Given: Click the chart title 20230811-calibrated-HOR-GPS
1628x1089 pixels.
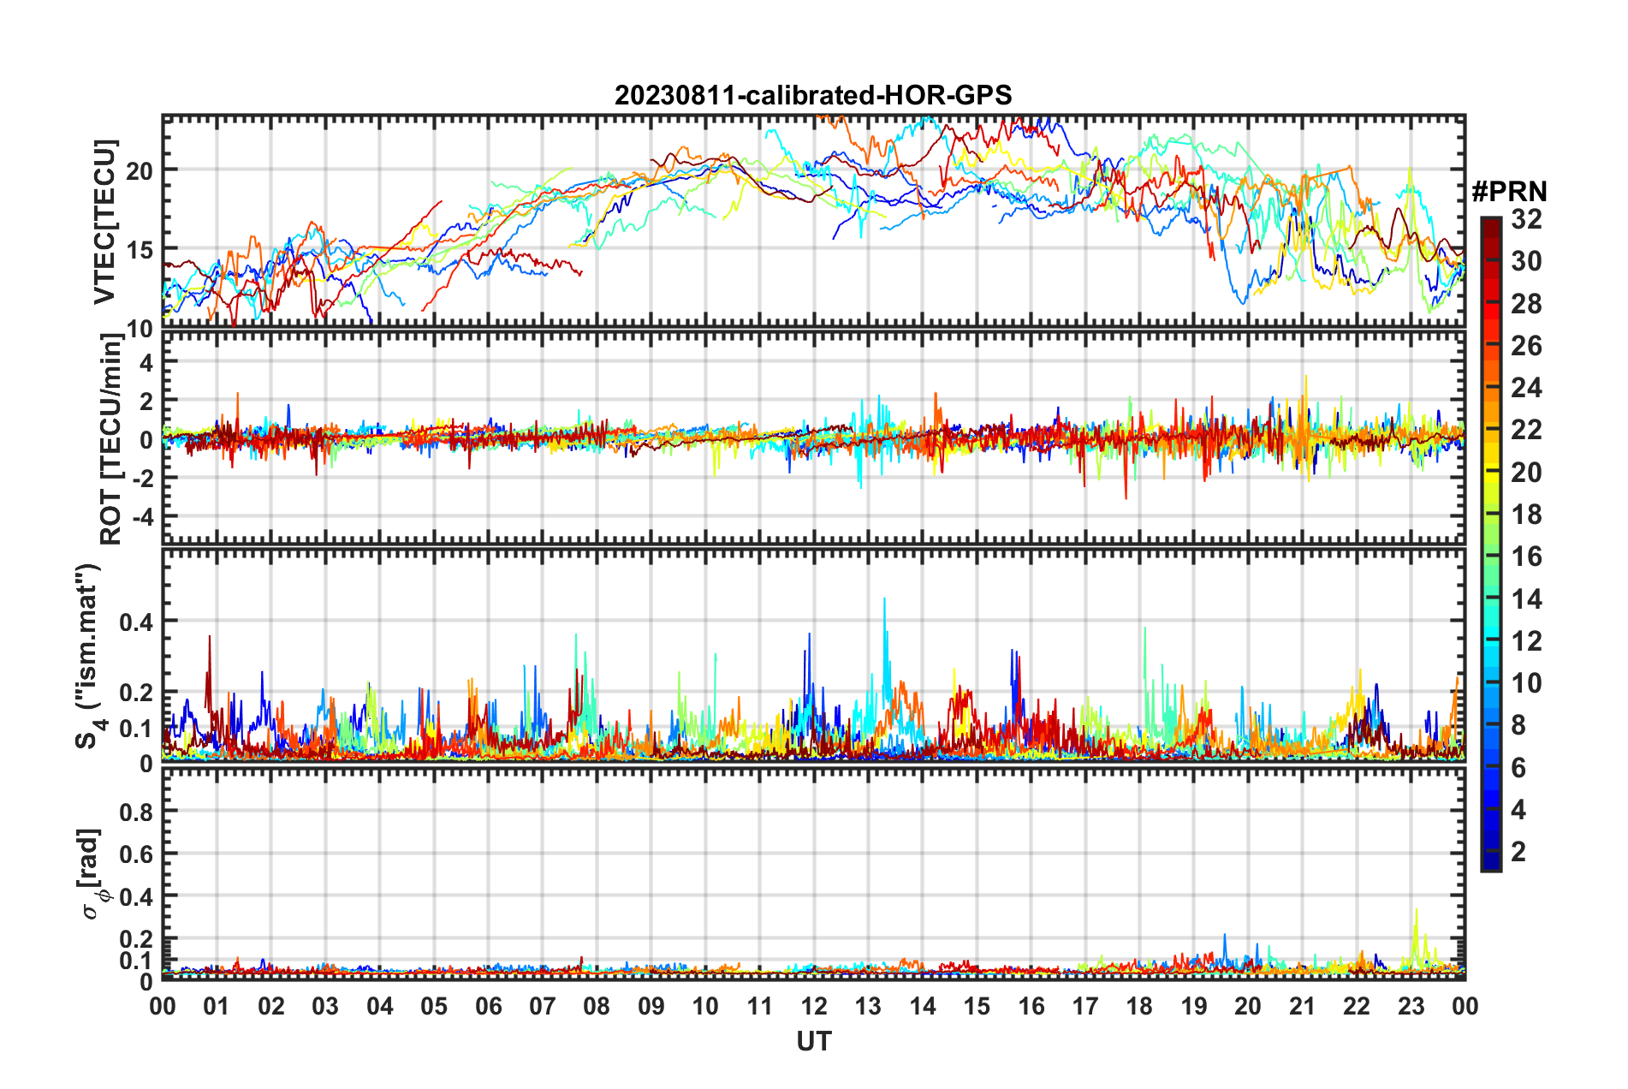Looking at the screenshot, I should [x=813, y=95].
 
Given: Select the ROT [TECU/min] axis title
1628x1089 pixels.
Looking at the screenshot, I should [x=111, y=439].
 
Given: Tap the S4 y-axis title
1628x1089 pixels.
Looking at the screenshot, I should [x=88, y=656].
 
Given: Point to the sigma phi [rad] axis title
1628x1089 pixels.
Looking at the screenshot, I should [x=92, y=873].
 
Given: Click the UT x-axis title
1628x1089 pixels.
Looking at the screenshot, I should [x=813, y=1041].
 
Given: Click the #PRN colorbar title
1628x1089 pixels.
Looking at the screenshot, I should [x=1509, y=192].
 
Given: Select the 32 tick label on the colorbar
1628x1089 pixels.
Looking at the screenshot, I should [x=1526, y=219].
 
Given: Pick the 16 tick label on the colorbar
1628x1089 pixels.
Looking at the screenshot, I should [x=1526, y=556].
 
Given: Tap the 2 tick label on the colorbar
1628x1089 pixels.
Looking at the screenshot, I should [x=1519, y=851].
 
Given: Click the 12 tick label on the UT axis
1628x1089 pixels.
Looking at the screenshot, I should [x=814, y=1006].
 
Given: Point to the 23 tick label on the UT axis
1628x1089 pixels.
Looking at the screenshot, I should [x=1411, y=1006].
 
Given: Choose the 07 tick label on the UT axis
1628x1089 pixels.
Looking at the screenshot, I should [x=543, y=1006].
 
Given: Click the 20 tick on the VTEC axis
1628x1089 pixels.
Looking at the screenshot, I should [x=140, y=170].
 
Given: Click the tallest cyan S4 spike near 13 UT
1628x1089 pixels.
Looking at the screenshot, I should [x=884, y=599].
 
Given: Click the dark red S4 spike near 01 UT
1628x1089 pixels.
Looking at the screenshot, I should [x=210, y=637].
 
